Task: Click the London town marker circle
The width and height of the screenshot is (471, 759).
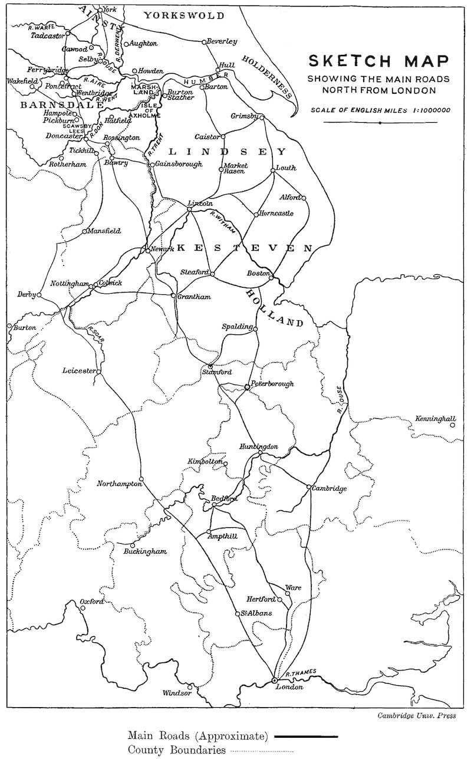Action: point(274,680)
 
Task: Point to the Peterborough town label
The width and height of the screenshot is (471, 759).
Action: point(272,384)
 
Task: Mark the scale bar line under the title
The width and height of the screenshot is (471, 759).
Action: point(380,123)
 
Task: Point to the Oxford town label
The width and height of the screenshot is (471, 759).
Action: point(92,602)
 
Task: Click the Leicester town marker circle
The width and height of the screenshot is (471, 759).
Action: point(99,373)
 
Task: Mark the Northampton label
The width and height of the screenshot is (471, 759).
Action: point(120,484)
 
